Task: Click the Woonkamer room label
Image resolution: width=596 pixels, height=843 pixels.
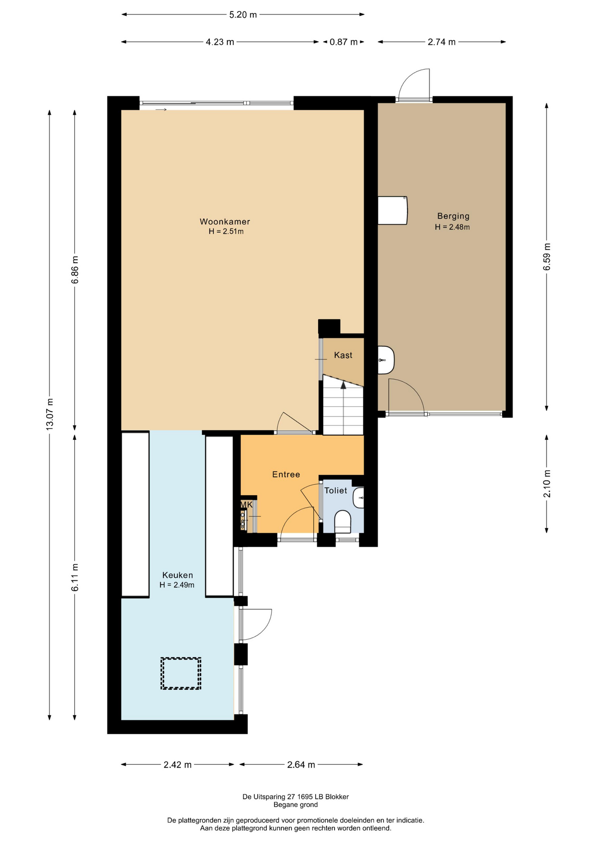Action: coord(225,222)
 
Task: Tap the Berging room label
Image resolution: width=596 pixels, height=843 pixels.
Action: coord(453,216)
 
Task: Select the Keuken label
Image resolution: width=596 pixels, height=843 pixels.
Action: coord(177,575)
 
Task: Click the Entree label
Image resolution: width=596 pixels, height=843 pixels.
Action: coord(286,474)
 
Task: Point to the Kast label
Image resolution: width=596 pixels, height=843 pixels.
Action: coord(343,355)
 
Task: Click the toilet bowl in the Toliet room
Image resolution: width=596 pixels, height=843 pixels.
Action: coord(343,522)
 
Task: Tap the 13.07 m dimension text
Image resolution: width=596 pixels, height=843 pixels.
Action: coord(50,414)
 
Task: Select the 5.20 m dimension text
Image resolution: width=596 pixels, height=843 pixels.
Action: coord(243,14)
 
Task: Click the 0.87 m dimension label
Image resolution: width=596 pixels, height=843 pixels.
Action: coord(344,42)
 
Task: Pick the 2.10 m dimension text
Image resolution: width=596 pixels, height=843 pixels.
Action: coord(547,484)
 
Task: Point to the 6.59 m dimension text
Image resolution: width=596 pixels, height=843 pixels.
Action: coord(547,257)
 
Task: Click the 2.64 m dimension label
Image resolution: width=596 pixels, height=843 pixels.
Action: coord(301,764)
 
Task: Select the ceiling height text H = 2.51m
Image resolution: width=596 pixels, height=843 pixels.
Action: coord(226,231)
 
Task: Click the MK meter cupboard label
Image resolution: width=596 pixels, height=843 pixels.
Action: coord(247,505)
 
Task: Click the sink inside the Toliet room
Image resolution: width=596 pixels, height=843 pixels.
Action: coord(359,497)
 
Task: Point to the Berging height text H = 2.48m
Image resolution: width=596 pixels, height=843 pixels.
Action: coord(452,227)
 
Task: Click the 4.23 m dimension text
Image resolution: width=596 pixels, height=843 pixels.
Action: coord(220,42)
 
